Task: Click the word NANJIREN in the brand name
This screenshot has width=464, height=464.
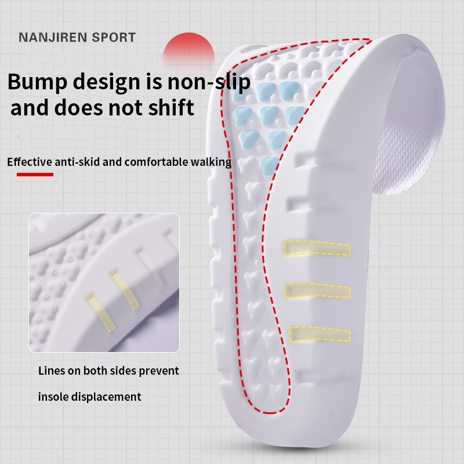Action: point(53,38)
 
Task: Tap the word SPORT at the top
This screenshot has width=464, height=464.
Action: point(114,38)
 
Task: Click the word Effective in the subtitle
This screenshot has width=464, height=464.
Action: point(30,162)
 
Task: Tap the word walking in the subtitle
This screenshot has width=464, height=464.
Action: point(212,162)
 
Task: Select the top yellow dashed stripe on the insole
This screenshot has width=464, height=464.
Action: point(317,248)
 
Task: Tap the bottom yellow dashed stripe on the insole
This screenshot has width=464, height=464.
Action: point(320,333)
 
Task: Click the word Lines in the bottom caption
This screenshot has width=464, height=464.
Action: point(52,371)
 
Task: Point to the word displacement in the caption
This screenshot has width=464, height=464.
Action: point(106,397)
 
